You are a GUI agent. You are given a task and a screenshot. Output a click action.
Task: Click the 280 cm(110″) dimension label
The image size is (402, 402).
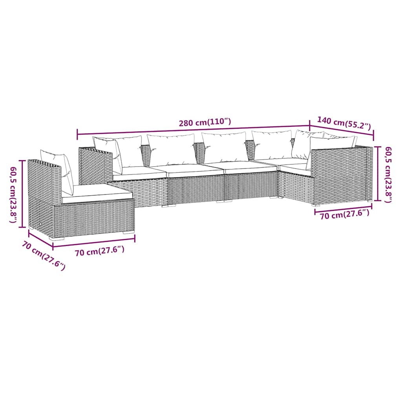(205, 122)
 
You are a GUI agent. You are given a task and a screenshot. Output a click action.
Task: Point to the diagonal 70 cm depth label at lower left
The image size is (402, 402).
(44, 255)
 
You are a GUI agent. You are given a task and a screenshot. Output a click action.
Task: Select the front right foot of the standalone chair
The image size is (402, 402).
(128, 232)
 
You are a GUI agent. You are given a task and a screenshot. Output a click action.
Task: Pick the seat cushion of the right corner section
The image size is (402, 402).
(295, 168)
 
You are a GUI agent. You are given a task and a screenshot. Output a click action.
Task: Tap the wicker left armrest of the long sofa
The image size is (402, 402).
(96, 166)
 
